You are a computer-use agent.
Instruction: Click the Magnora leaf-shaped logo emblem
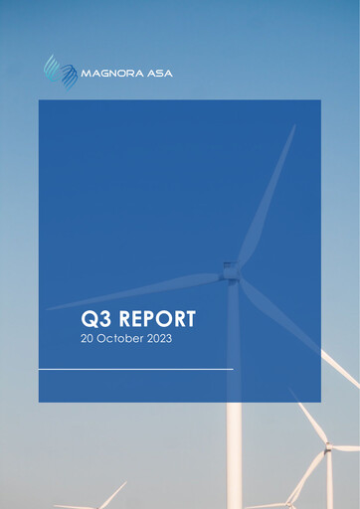tap(60, 72)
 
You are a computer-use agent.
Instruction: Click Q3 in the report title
tap(97, 319)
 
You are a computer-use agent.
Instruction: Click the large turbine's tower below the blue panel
tap(234, 457)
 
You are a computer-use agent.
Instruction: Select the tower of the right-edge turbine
tap(330, 482)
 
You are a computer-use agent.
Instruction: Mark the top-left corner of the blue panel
tap(40, 100)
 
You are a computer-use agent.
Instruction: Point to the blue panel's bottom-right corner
tap(320, 401)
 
